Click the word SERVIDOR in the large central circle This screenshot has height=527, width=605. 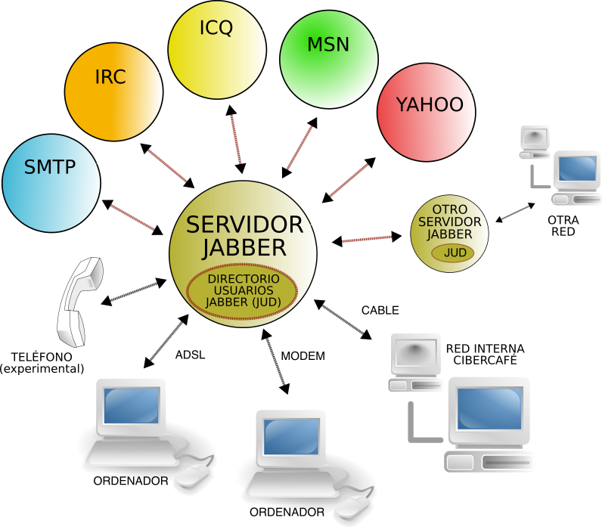tap(244, 225)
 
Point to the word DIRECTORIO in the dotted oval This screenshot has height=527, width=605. tap(243, 279)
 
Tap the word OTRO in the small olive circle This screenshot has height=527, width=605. tap(449, 209)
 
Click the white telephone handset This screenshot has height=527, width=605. tap(79, 302)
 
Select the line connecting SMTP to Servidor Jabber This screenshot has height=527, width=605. tap(132, 217)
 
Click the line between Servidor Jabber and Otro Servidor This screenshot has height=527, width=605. tap(367, 240)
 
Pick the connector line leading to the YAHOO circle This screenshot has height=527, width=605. tap(349, 180)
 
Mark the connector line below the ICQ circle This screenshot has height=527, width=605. tap(236, 139)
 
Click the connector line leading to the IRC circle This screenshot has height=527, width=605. tap(167, 166)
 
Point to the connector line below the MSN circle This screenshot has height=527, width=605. tap(299, 147)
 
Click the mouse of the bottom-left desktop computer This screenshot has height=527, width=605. tap(193, 476)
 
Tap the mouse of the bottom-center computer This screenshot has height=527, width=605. tap(352, 507)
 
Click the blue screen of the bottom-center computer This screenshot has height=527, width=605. tap(290, 436)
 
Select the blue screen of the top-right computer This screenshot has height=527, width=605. tap(577, 169)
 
